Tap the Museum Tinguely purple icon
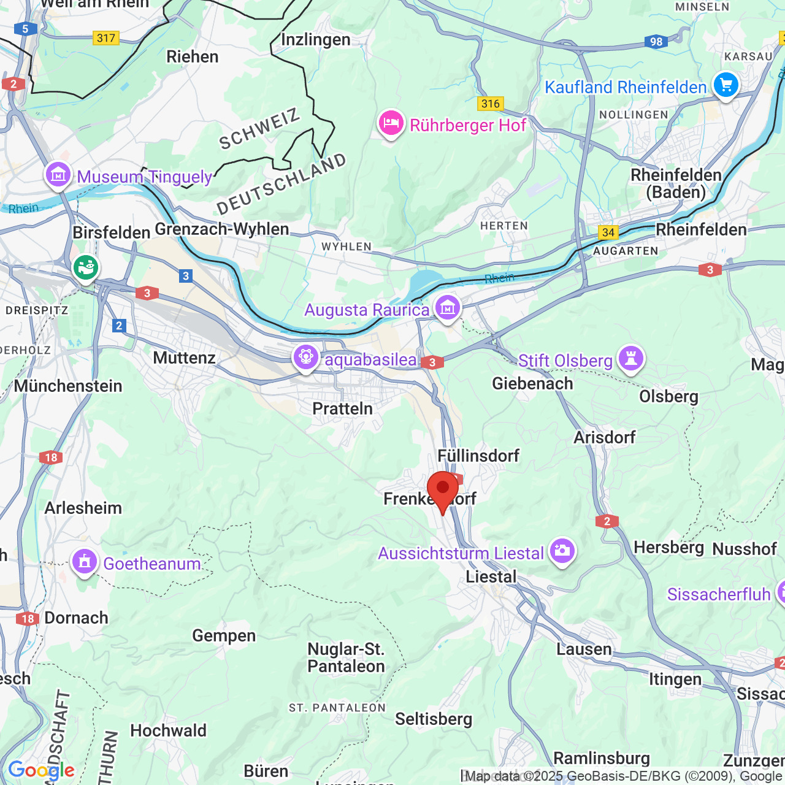click(58, 175)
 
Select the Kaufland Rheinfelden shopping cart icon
click(726, 85)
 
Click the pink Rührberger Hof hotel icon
click(391, 124)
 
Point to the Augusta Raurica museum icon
click(448, 308)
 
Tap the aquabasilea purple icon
click(305, 358)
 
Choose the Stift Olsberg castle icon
click(630, 358)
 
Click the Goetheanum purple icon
click(85, 562)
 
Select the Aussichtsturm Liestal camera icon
click(562, 551)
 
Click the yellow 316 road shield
click(491, 104)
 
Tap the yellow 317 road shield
click(106, 38)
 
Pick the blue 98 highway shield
click(656, 42)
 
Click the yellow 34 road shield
click(608, 232)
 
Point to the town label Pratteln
click(342, 408)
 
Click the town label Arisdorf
click(604, 437)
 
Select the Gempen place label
click(224, 635)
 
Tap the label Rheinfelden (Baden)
click(676, 183)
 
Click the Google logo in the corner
click(41, 770)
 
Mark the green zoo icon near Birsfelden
click(86, 267)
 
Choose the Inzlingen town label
click(315, 40)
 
